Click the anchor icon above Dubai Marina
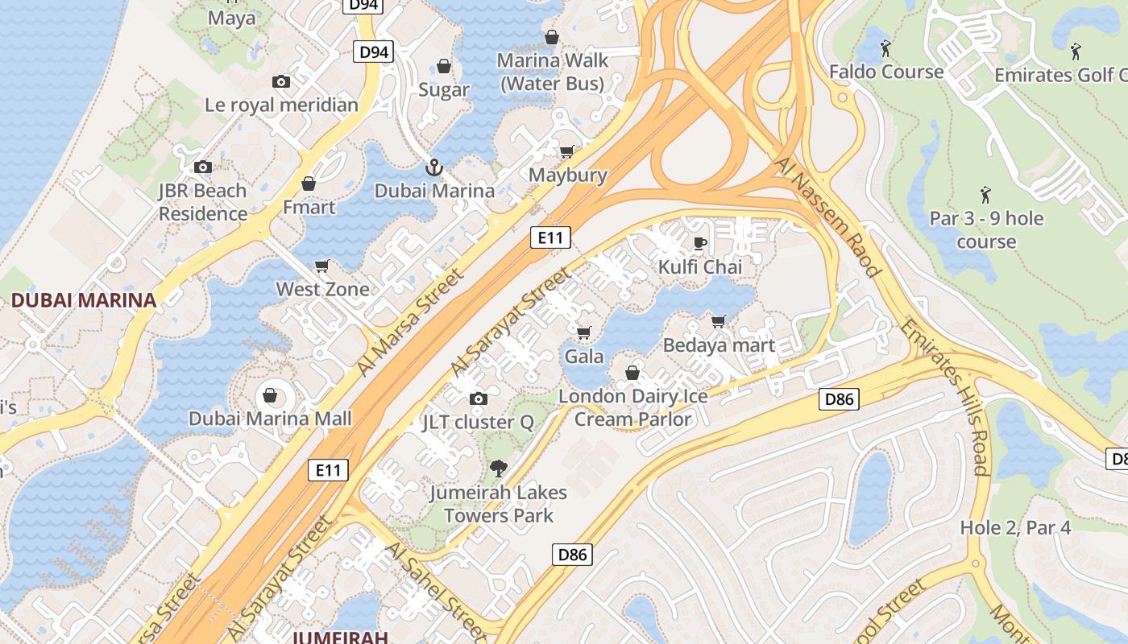coord(434,167)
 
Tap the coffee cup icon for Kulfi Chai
coord(699,243)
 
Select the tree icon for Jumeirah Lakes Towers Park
coord(499,468)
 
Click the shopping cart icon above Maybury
coord(567,151)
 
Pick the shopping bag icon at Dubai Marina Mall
coord(270,395)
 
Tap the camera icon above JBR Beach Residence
coord(203,167)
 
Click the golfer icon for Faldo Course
coord(885,48)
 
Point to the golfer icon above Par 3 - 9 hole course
coord(985,194)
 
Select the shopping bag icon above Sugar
coord(443,66)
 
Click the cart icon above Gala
coord(584,332)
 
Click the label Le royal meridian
coord(281,105)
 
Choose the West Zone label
coord(322,289)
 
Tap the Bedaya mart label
coord(719,345)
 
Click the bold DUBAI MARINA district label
coord(84,300)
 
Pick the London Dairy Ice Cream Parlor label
coord(633,407)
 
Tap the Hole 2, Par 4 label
coord(1015,528)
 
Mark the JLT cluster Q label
coord(478,422)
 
